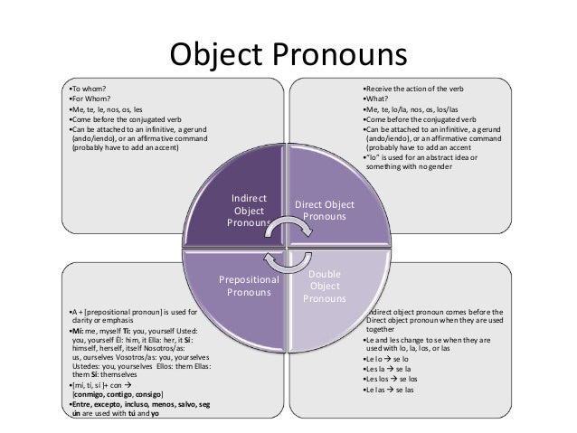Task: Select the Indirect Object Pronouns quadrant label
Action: [249, 210]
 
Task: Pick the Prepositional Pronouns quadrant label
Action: [249, 287]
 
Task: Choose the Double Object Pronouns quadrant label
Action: [325, 286]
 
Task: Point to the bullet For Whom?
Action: [90, 101]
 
